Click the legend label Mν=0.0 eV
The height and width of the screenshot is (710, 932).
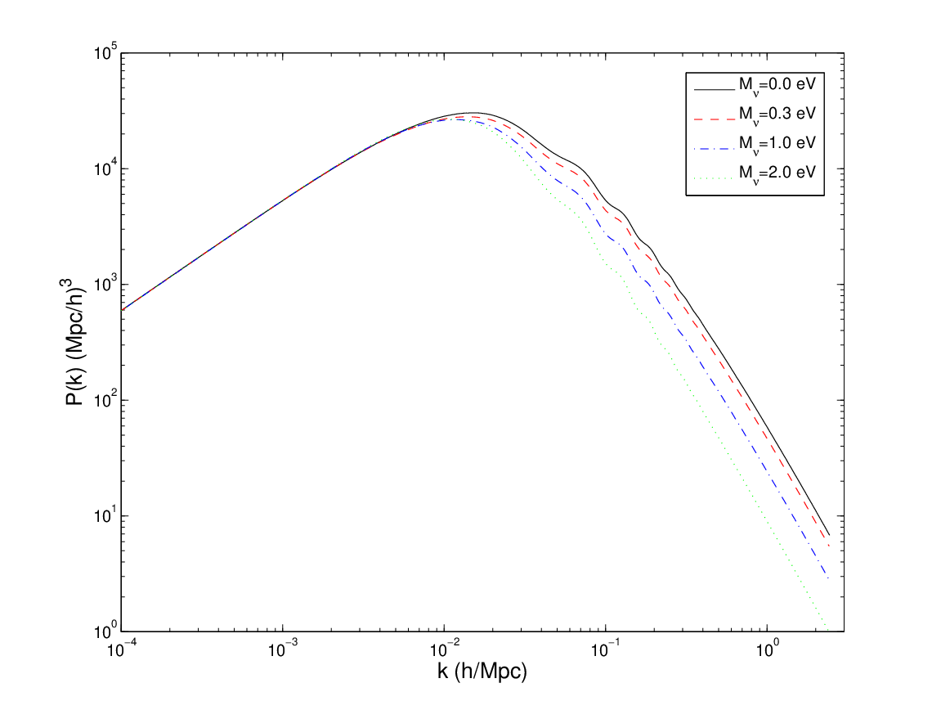click(x=777, y=86)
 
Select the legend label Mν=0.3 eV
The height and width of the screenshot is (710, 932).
click(x=777, y=115)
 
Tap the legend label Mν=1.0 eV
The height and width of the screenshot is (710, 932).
click(x=777, y=144)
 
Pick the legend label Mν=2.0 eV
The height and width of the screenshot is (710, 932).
click(x=777, y=173)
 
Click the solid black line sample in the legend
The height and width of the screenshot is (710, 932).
click(x=715, y=90)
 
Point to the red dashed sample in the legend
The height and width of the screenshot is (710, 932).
click(x=715, y=119)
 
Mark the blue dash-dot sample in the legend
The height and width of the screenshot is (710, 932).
click(x=715, y=148)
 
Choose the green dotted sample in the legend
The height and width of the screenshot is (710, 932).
click(x=715, y=177)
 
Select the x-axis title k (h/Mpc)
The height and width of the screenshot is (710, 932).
click(x=482, y=672)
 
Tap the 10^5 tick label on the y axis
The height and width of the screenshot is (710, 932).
click(x=105, y=53)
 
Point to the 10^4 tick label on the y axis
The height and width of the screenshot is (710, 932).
click(x=105, y=169)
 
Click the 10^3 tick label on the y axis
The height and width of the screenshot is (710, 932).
click(x=105, y=285)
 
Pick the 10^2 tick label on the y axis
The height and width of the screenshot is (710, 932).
click(x=105, y=400)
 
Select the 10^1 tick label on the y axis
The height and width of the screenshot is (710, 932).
click(x=105, y=515)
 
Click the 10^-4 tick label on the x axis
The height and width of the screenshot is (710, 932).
click(x=121, y=649)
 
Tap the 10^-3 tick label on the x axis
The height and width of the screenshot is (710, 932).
click(x=283, y=649)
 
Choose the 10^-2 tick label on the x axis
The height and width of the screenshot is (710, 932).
click(x=444, y=649)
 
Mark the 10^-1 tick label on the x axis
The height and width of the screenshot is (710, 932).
click(x=606, y=649)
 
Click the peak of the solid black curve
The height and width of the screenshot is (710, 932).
click(x=473, y=112)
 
